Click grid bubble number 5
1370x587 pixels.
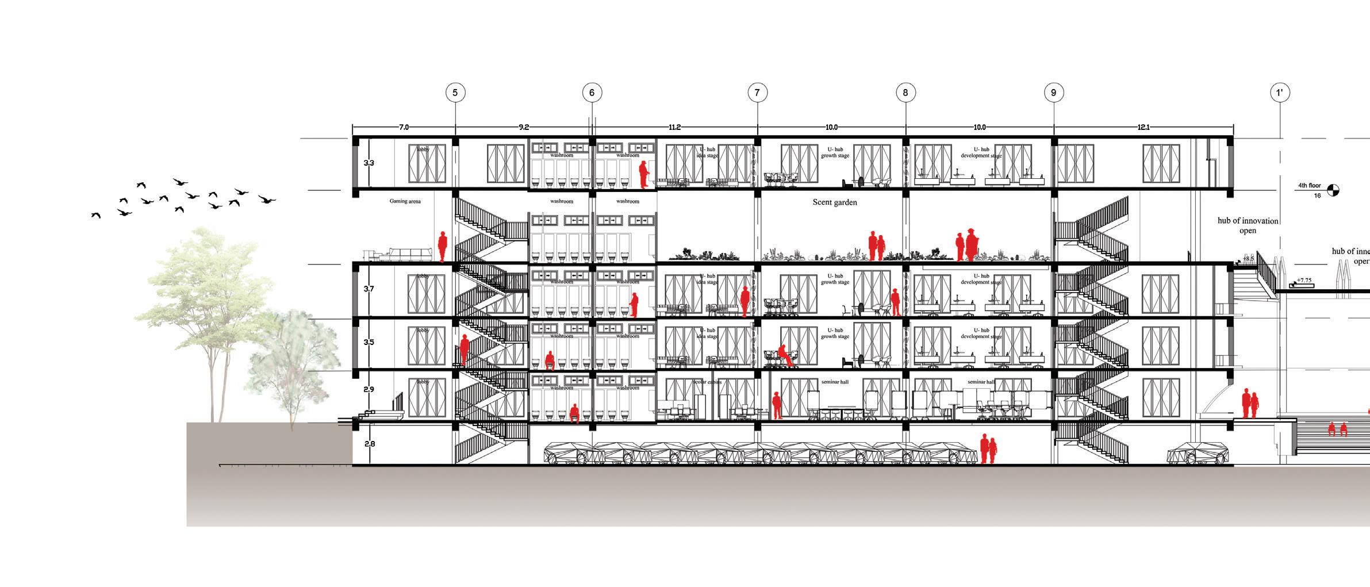[x=455, y=93]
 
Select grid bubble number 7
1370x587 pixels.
[x=757, y=93]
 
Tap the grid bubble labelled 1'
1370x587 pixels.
[x=1280, y=93]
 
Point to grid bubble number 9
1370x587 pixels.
[x=1053, y=93]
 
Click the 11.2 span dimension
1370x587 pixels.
[x=675, y=127]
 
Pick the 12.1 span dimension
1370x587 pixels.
[x=1143, y=127]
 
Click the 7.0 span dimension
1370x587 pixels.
[x=404, y=127]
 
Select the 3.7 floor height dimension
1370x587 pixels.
[x=369, y=289]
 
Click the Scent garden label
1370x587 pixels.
[x=834, y=202]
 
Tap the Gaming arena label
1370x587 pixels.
[x=405, y=201]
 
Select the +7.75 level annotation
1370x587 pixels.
[x=1304, y=281]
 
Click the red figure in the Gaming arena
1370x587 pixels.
[x=443, y=247]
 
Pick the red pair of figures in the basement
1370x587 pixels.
[x=988, y=449]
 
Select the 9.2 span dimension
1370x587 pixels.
[x=523, y=127]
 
